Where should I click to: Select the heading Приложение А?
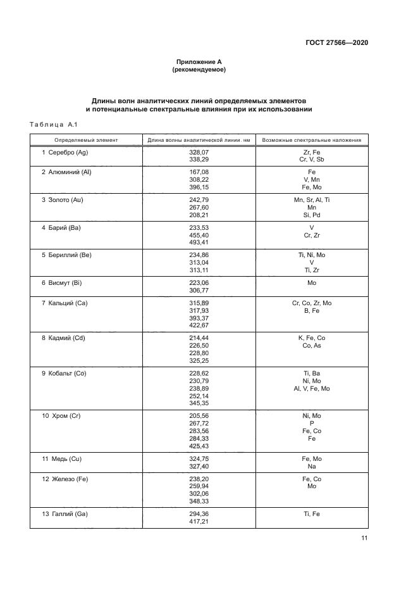pyautogui.click(x=199, y=62)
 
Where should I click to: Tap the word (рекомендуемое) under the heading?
pyautogui.click(x=199, y=70)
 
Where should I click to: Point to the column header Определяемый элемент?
pyautogui.click(x=86, y=139)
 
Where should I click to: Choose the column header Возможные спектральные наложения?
pyautogui.click(x=312, y=139)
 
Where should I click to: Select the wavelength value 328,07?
pyautogui.click(x=199, y=153)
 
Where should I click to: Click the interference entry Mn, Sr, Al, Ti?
pyautogui.click(x=312, y=199)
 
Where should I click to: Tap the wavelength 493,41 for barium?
pyautogui.click(x=199, y=242)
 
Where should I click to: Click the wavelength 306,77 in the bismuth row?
pyautogui.click(x=199, y=290)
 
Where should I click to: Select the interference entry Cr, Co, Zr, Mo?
pyautogui.click(x=312, y=303)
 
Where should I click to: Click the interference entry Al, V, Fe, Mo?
pyautogui.click(x=312, y=388)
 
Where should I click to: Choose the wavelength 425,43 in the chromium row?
pyautogui.click(x=199, y=446)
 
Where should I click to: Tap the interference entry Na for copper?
pyautogui.click(x=312, y=466)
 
